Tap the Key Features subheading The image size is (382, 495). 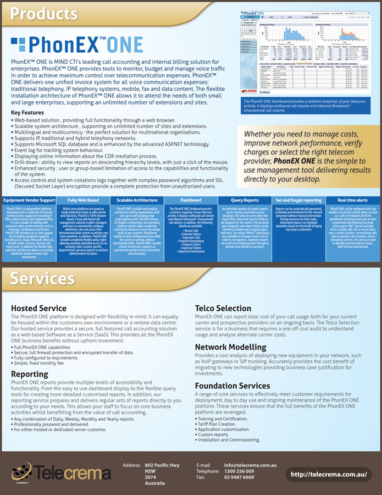pyautogui.click(x=28, y=113)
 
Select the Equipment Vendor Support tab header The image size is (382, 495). pyautogui.click(x=29, y=201)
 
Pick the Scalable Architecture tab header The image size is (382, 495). pyautogui.click(x=137, y=201)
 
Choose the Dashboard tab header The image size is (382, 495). pyautogui.click(x=191, y=201)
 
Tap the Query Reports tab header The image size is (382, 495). pyautogui.click(x=245, y=201)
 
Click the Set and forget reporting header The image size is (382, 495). pyautogui.click(x=298, y=201)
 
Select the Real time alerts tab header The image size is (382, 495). pyautogui.click(x=352, y=201)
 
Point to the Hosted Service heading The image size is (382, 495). pyautogui.click(x=38, y=309)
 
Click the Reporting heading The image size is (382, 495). pyautogui.click(x=30, y=374)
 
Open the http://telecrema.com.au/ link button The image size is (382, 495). pyautogui.click(x=329, y=474)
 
